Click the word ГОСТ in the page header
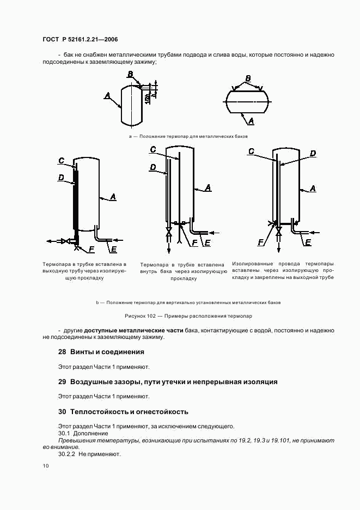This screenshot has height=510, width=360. coord(51,39)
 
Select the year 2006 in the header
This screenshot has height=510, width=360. coord(111,39)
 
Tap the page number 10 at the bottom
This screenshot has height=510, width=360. coord(46,466)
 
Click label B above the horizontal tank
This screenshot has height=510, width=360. coord(248,78)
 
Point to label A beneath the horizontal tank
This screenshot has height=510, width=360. coord(251,122)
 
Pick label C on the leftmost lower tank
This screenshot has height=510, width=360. coord(62,161)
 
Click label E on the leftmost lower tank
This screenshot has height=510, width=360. coord(114,250)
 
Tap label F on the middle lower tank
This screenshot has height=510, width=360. coord(195,242)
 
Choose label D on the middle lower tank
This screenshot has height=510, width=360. coord(152,167)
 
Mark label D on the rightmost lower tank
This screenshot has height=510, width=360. coord(313,153)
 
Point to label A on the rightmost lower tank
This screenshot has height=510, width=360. coord(313,189)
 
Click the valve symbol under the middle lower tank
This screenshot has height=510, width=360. coord(169,233)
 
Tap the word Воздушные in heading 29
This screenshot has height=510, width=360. coord(89,382)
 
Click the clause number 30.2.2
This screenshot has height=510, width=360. coord(66,454)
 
